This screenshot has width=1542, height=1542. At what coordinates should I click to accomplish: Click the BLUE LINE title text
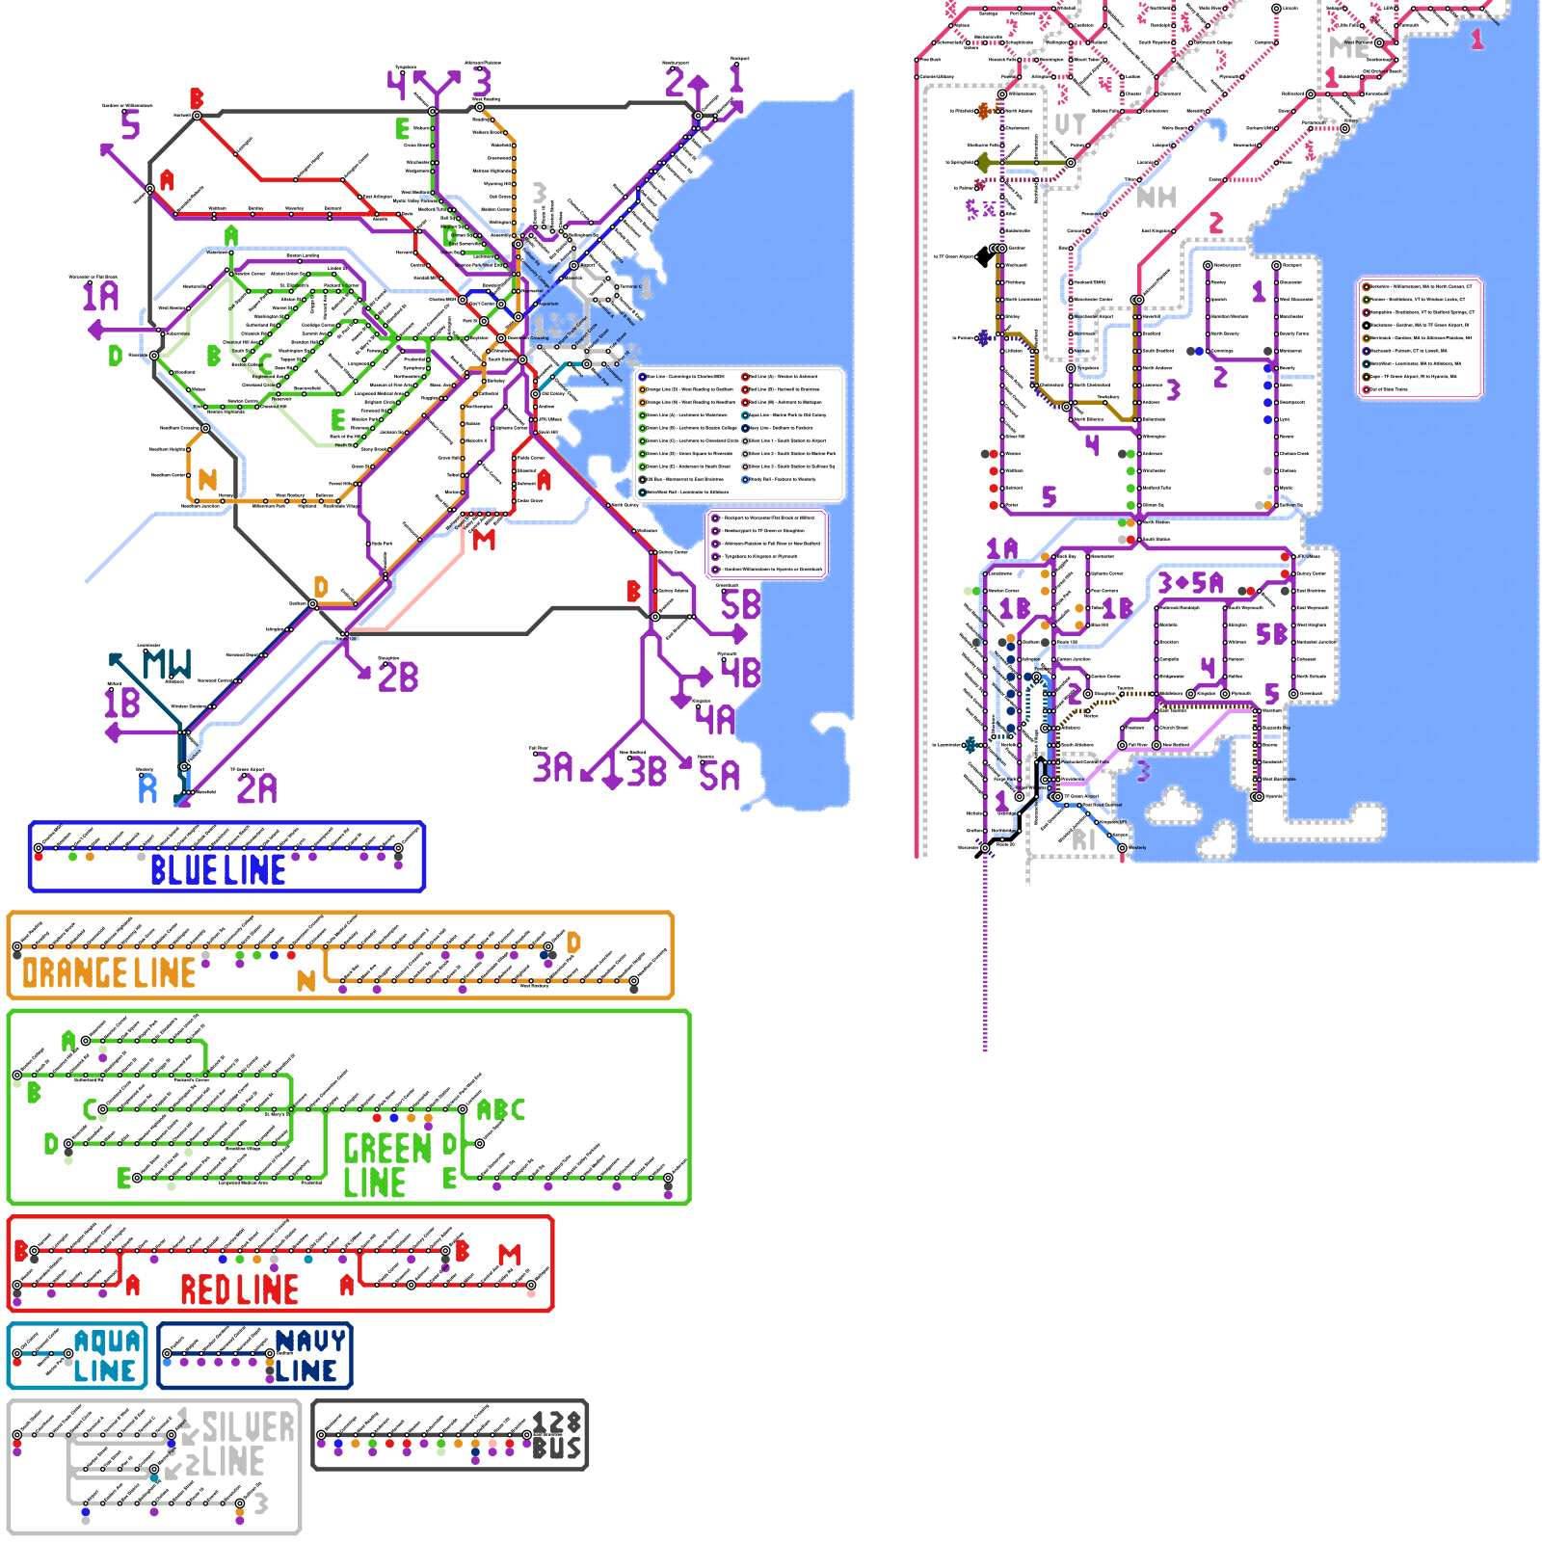coord(218,870)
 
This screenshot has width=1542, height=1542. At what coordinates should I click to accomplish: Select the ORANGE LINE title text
coord(109,973)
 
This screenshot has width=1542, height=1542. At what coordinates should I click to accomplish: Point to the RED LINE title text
coord(239,1289)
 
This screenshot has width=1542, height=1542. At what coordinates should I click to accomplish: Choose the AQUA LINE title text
coord(107,1356)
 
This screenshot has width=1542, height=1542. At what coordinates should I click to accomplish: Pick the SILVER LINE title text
coord(241,1445)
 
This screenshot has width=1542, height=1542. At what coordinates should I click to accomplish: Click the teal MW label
coord(167,664)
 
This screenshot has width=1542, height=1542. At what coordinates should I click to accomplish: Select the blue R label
coord(147,788)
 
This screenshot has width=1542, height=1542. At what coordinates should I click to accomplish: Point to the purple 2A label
coord(256,788)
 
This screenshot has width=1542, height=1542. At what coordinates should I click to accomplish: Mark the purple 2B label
coord(398,677)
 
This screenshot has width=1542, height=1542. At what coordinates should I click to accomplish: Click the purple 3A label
coord(552,767)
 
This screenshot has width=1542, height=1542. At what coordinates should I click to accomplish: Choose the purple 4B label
coord(740,672)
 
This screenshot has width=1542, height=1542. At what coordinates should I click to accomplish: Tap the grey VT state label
coord(1070,124)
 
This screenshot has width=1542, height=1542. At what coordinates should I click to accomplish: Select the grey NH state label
coord(1156,198)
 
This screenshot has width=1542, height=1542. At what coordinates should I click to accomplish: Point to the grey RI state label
coord(1084,839)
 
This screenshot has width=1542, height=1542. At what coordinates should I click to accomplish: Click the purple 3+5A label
coord(1190,583)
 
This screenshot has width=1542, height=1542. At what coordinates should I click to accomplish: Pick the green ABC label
coord(501,1110)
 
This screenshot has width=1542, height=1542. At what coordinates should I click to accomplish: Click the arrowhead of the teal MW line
coord(115,659)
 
